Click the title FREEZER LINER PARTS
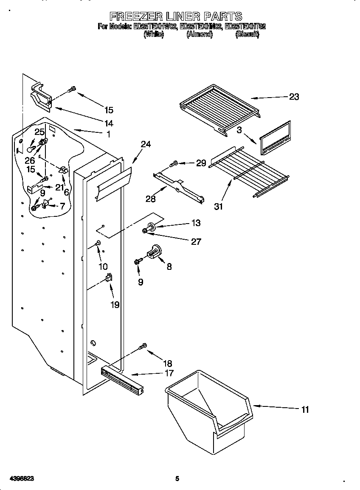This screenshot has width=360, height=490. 176,17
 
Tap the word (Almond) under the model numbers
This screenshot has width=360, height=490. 199,35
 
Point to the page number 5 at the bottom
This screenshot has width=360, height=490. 177,479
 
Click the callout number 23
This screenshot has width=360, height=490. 294,97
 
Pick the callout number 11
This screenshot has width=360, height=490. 305,409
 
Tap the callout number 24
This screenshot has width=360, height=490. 146,144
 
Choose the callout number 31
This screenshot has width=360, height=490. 218,206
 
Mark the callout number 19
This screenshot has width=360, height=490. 115,304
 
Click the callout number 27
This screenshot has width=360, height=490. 196,241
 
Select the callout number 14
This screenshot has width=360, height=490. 109,123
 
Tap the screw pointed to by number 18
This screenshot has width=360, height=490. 143,347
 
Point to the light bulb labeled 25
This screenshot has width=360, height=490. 31,148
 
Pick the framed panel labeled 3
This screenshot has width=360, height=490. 276,139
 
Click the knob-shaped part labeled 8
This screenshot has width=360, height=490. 155,251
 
